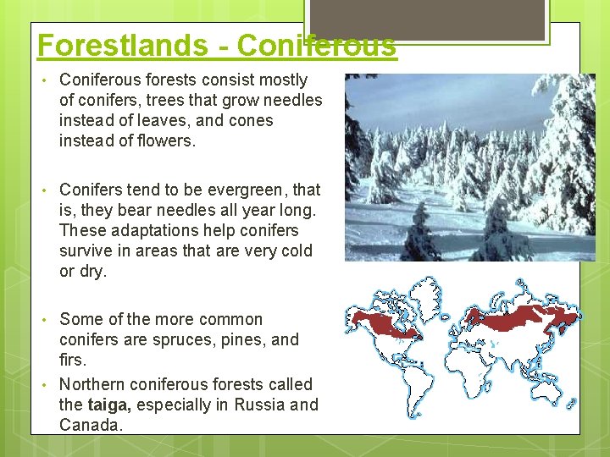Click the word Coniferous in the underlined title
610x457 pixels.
pos(316,45)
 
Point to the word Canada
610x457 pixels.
pos(90,425)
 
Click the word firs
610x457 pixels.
pos(72,360)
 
